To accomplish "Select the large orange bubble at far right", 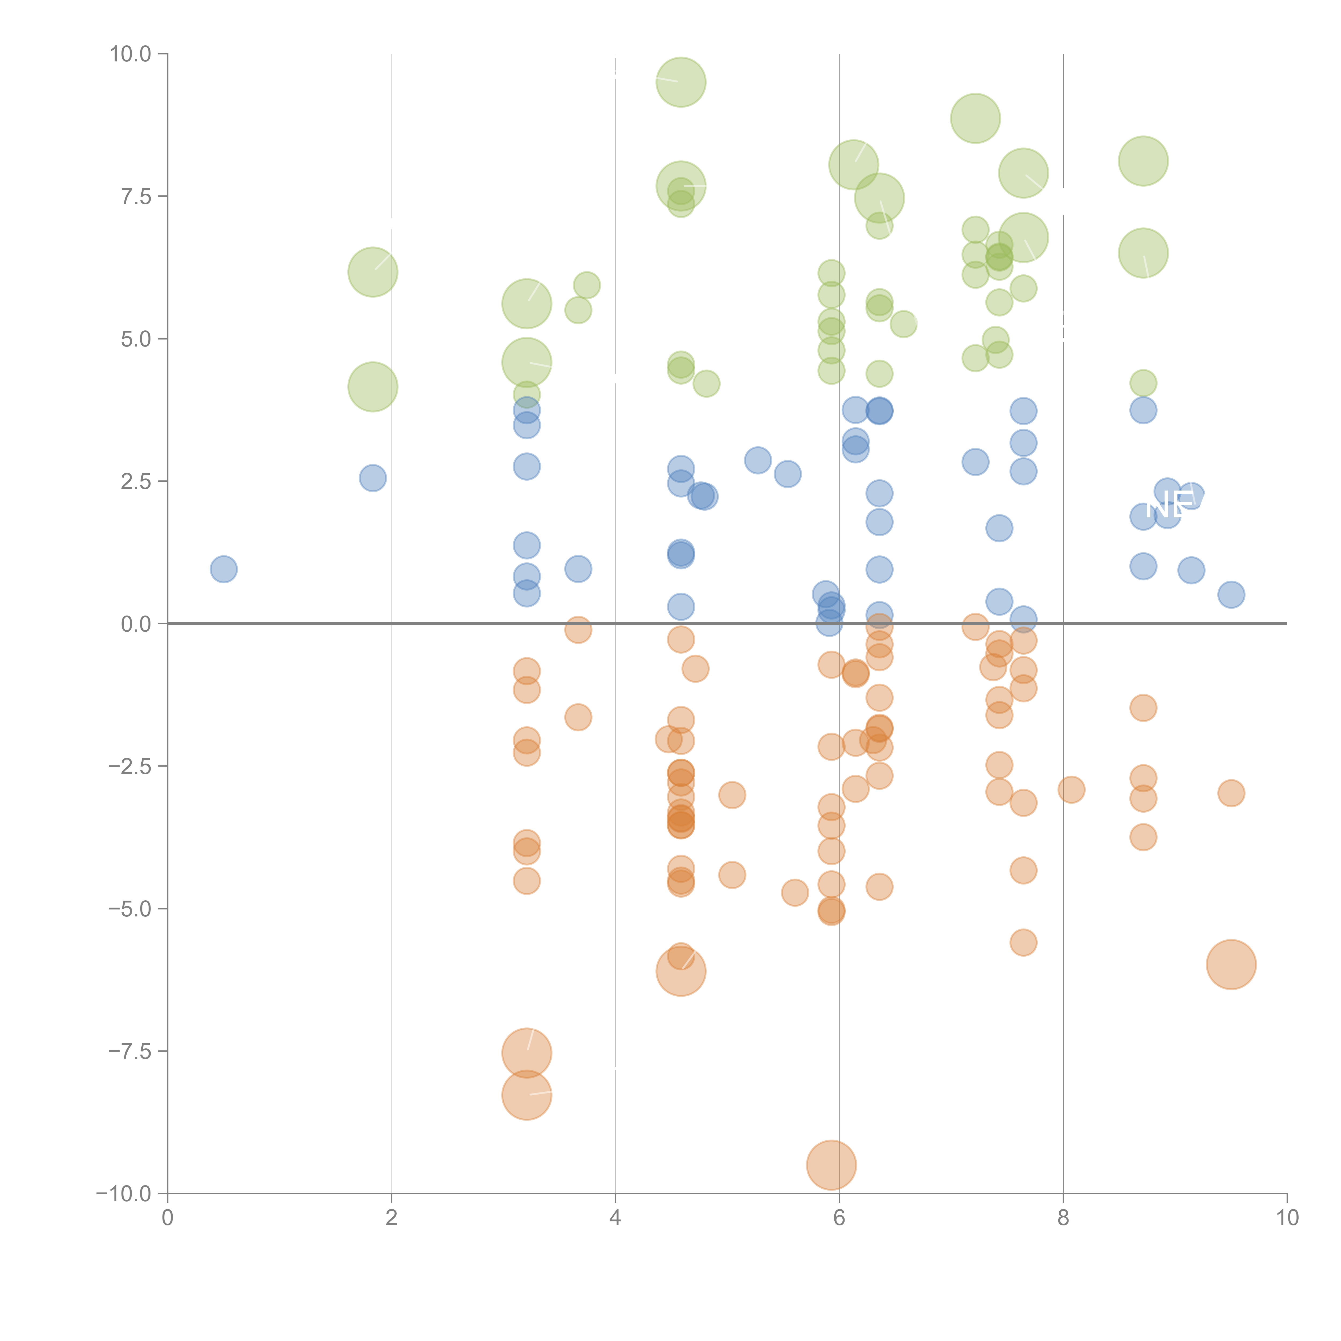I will coord(1231,964).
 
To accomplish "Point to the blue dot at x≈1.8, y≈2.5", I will coord(373,478).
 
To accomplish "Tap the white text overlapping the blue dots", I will coord(1170,505).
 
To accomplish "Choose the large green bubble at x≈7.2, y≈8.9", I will coord(975,119).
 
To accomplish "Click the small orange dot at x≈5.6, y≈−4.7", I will coord(795,893).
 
